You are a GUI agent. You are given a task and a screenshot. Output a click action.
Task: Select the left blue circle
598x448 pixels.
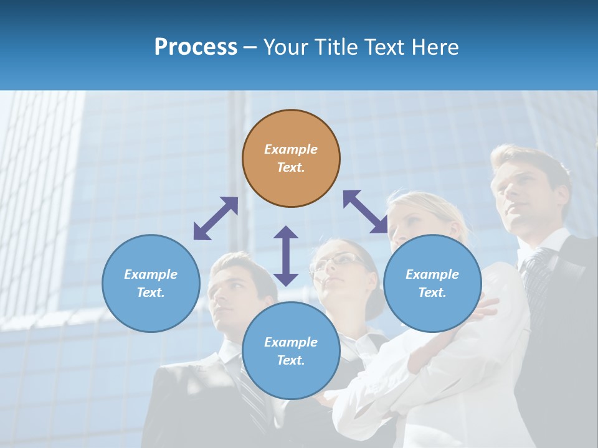click(x=151, y=283)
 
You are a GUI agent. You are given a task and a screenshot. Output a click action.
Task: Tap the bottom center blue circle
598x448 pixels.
click(x=291, y=351)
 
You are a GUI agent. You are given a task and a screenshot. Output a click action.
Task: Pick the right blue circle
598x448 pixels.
click(x=432, y=283)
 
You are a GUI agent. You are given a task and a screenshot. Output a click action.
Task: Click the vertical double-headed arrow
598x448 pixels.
click(x=286, y=256)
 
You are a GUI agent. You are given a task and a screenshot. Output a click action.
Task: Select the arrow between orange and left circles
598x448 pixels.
click(x=216, y=218)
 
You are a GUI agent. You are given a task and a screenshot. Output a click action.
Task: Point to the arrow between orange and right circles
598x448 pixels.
click(x=366, y=212)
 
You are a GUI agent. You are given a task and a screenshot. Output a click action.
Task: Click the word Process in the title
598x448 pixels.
click(x=196, y=47)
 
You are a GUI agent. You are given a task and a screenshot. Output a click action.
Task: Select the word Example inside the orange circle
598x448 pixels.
click(x=291, y=149)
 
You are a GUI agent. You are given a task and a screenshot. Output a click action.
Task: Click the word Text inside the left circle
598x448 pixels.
click(x=151, y=292)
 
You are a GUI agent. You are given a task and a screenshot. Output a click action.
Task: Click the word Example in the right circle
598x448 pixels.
click(x=432, y=274)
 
